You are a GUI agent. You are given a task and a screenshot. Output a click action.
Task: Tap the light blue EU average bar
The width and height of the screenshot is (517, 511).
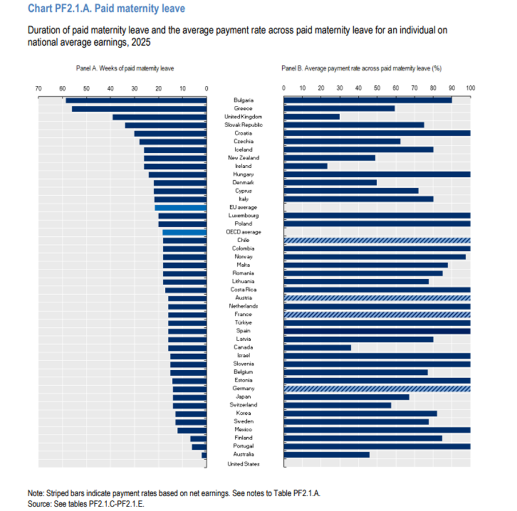point(180,207)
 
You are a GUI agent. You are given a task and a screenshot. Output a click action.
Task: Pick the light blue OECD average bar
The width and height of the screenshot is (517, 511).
point(184,232)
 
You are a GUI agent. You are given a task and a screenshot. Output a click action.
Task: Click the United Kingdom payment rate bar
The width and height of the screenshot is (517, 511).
point(311,117)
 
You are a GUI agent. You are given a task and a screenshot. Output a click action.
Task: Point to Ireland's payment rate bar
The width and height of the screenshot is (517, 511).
point(305,166)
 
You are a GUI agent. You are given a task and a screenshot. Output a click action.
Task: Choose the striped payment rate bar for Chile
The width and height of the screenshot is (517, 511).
point(377,240)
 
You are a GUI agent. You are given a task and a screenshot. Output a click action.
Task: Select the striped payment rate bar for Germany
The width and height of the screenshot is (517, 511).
point(377,389)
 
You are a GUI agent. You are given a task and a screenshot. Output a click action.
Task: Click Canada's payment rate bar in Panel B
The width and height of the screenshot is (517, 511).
point(317,347)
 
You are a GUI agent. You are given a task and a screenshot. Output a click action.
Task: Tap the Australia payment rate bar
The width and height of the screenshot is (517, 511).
point(326,454)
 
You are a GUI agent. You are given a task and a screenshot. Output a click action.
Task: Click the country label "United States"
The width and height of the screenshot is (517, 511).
point(243,464)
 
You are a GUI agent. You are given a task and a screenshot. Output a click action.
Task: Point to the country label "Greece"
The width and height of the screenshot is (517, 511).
point(243,108)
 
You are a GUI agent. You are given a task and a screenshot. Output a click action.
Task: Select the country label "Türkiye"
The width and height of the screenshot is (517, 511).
point(243,322)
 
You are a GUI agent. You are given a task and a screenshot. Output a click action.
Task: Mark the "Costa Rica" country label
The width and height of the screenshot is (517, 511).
point(243,290)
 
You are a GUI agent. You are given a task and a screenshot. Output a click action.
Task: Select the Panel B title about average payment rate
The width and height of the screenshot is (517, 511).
point(361,68)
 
